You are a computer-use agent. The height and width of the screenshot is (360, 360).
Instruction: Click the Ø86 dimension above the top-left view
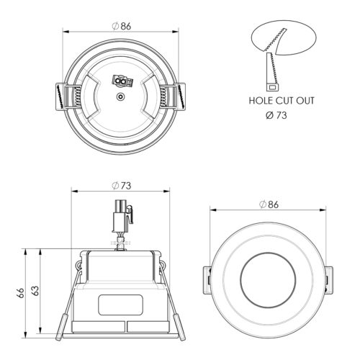[x=122, y=26]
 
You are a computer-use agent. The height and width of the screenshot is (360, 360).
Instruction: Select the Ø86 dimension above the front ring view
[x=269, y=204]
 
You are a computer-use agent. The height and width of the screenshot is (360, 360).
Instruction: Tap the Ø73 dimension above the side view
[x=122, y=185]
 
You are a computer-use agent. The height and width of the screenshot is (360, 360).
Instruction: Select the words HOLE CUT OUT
[x=281, y=101]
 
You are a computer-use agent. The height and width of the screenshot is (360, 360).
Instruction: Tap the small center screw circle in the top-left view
[x=120, y=96]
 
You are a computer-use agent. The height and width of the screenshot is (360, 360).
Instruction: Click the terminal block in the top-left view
[x=120, y=81]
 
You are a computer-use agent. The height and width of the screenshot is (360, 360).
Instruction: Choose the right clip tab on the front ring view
[x=329, y=278]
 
